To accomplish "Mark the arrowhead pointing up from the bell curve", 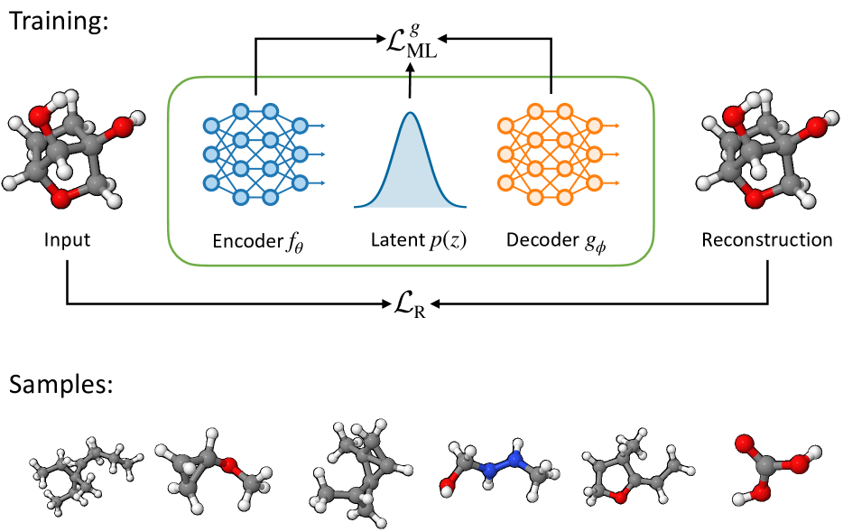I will pyautogui.click(x=410, y=79).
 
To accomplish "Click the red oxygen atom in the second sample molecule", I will pyautogui.click(x=229, y=466).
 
